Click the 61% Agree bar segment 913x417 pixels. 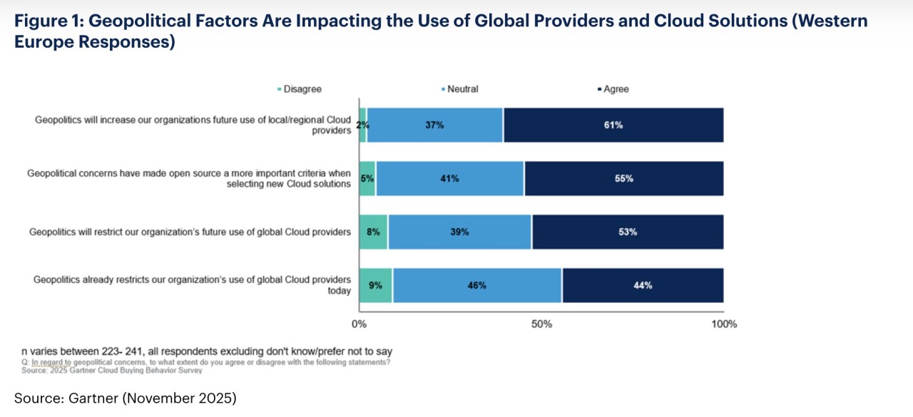coord(613,125)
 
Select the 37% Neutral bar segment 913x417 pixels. coord(435,125)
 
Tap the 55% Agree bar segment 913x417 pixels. coord(624,179)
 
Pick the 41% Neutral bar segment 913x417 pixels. coord(450,179)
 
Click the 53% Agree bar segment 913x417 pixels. coord(628,232)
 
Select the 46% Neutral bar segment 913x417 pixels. coord(477,286)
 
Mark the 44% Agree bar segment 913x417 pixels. coord(643,286)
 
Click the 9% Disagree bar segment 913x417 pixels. coord(376,286)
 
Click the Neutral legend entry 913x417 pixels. coord(462,89)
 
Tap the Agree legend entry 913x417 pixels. coord(616,89)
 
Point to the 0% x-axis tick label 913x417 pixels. coord(359,324)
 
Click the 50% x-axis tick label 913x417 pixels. coord(542,324)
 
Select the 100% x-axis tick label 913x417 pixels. coord(725,324)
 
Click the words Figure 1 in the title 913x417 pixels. coord(47,21)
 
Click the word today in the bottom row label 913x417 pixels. coord(340,291)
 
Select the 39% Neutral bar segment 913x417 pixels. coord(460,232)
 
